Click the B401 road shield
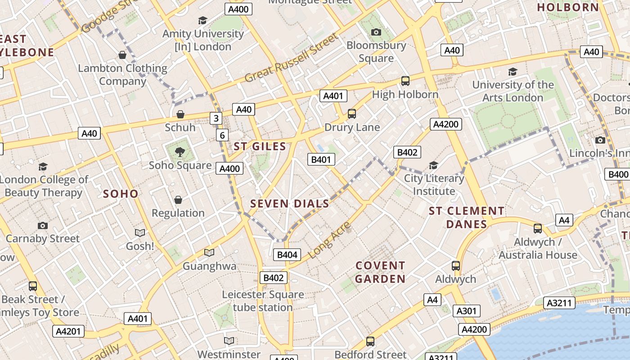tap(321, 159)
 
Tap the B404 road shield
tap(287, 255)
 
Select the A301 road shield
tap(466, 310)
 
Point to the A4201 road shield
tap(68, 332)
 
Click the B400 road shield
tap(618, 174)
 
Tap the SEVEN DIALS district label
tap(290, 203)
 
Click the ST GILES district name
tap(260, 146)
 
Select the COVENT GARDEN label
tap(380, 272)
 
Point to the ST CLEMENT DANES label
tap(467, 217)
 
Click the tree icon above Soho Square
tap(180, 152)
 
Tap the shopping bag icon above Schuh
tap(180, 114)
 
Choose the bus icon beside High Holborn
tap(405, 81)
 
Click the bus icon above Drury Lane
tap(352, 114)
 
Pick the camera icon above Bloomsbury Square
tap(376, 32)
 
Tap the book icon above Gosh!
tap(140, 233)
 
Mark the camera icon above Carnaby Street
tap(43, 225)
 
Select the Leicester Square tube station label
tap(263, 301)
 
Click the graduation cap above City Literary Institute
tap(433, 166)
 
